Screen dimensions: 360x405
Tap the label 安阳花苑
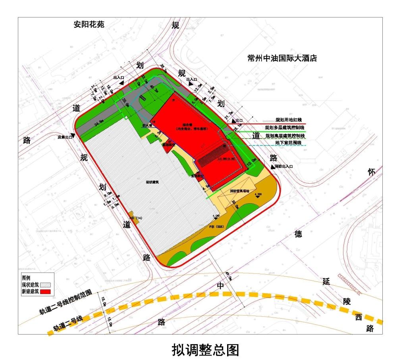(89, 24)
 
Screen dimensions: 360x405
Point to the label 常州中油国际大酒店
(282, 58)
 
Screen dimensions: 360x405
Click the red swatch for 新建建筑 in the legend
(46, 292)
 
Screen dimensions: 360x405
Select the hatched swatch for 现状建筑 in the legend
(46, 285)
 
